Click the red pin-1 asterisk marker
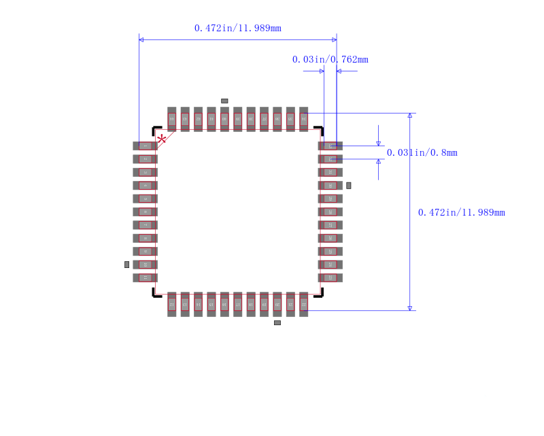pos(161,139)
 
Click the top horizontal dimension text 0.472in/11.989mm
pos(237,28)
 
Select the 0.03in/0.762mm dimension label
pos(330,59)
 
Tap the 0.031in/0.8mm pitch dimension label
pos(422,152)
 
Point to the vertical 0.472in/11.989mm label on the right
pos(461,212)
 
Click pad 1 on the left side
pos(145,146)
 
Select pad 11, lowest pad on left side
pos(145,278)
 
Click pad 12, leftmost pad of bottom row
pos(172,304)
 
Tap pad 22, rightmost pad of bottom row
pos(303,304)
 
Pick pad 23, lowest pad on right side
pos(330,278)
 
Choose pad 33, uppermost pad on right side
pos(330,146)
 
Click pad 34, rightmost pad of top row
pos(303,119)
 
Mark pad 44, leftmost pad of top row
pos(172,119)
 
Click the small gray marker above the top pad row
pos(224,101)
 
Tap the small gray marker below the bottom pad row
pos(277,322)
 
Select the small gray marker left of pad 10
pos(126,265)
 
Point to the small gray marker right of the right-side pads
pos(349,185)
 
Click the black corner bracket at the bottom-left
pos(156,294)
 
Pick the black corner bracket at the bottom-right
pos(320,294)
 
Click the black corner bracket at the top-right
pos(320,129)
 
